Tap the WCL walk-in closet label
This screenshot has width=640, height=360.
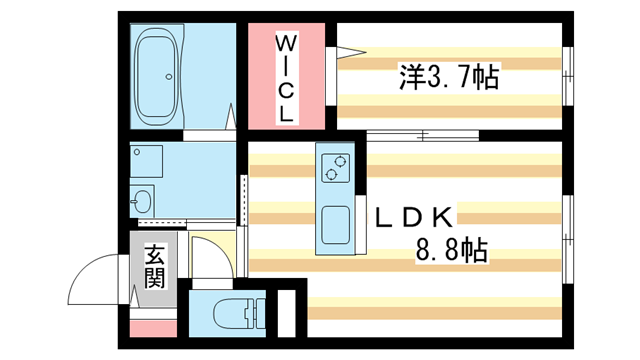(x=287, y=79)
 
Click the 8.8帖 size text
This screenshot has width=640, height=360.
(x=451, y=250)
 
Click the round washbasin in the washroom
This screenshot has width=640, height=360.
(x=143, y=197)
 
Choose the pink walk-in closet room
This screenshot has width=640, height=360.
(x=287, y=78)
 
